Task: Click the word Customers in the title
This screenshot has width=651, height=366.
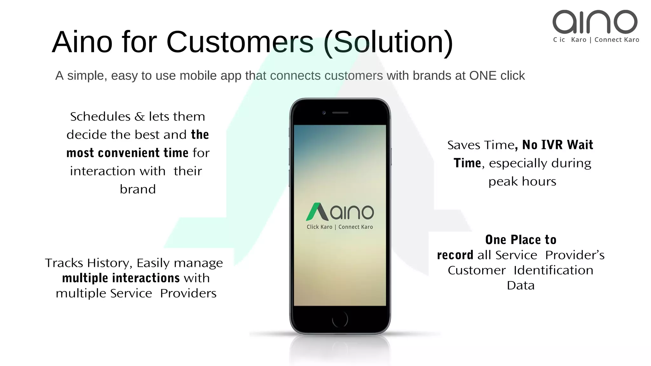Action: click(x=240, y=42)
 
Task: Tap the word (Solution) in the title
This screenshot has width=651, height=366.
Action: click(x=388, y=43)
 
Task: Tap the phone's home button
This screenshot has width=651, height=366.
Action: click(x=340, y=319)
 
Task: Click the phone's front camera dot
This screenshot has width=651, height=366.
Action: click(x=324, y=112)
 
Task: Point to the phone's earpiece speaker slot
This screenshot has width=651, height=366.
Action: click(x=340, y=112)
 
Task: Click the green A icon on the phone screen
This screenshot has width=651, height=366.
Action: click(x=317, y=212)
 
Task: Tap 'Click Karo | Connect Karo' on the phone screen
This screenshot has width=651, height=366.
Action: click(x=339, y=227)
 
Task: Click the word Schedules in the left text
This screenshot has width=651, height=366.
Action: click(x=100, y=117)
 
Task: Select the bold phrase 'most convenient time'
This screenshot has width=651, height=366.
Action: click(x=127, y=153)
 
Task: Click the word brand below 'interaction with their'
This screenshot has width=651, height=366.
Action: click(x=138, y=189)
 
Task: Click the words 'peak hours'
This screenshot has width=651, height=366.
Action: click(x=522, y=181)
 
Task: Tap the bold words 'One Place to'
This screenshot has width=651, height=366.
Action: click(x=521, y=240)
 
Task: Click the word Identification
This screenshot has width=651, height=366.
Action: click(x=553, y=270)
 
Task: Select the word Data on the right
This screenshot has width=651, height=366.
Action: click(x=521, y=285)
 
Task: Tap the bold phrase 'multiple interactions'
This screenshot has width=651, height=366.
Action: click(x=121, y=278)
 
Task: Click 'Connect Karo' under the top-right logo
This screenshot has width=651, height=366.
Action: click(x=617, y=40)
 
